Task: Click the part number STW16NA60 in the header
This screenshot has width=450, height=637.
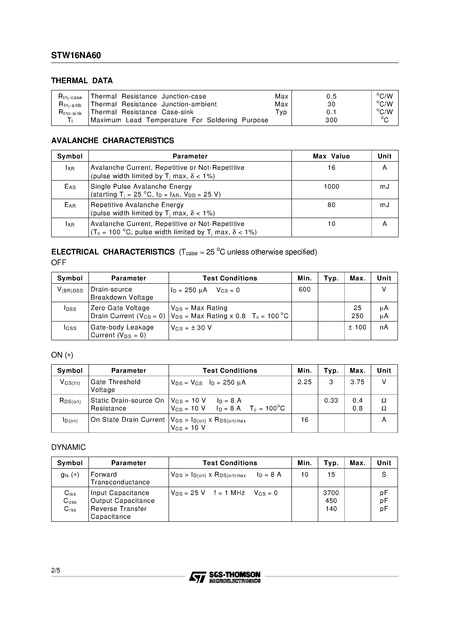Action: [76, 56]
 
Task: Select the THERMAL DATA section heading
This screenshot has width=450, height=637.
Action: [82, 81]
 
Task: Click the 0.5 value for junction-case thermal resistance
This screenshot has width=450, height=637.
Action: [331, 96]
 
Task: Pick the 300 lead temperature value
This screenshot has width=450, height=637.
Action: [331, 120]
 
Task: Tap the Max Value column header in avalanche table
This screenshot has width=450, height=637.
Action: [331, 156]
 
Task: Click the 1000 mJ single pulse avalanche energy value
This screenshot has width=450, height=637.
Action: [331, 186]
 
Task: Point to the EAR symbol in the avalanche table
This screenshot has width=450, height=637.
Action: [70, 205]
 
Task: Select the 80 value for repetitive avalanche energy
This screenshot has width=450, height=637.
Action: [331, 205]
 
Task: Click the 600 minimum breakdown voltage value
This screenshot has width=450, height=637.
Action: [304, 289]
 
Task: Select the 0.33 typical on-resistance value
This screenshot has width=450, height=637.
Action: [331, 400]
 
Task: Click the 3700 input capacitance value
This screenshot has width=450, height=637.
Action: [331, 493]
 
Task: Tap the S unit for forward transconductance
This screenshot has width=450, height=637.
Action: [384, 474]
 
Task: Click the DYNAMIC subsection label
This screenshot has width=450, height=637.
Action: [68, 447]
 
